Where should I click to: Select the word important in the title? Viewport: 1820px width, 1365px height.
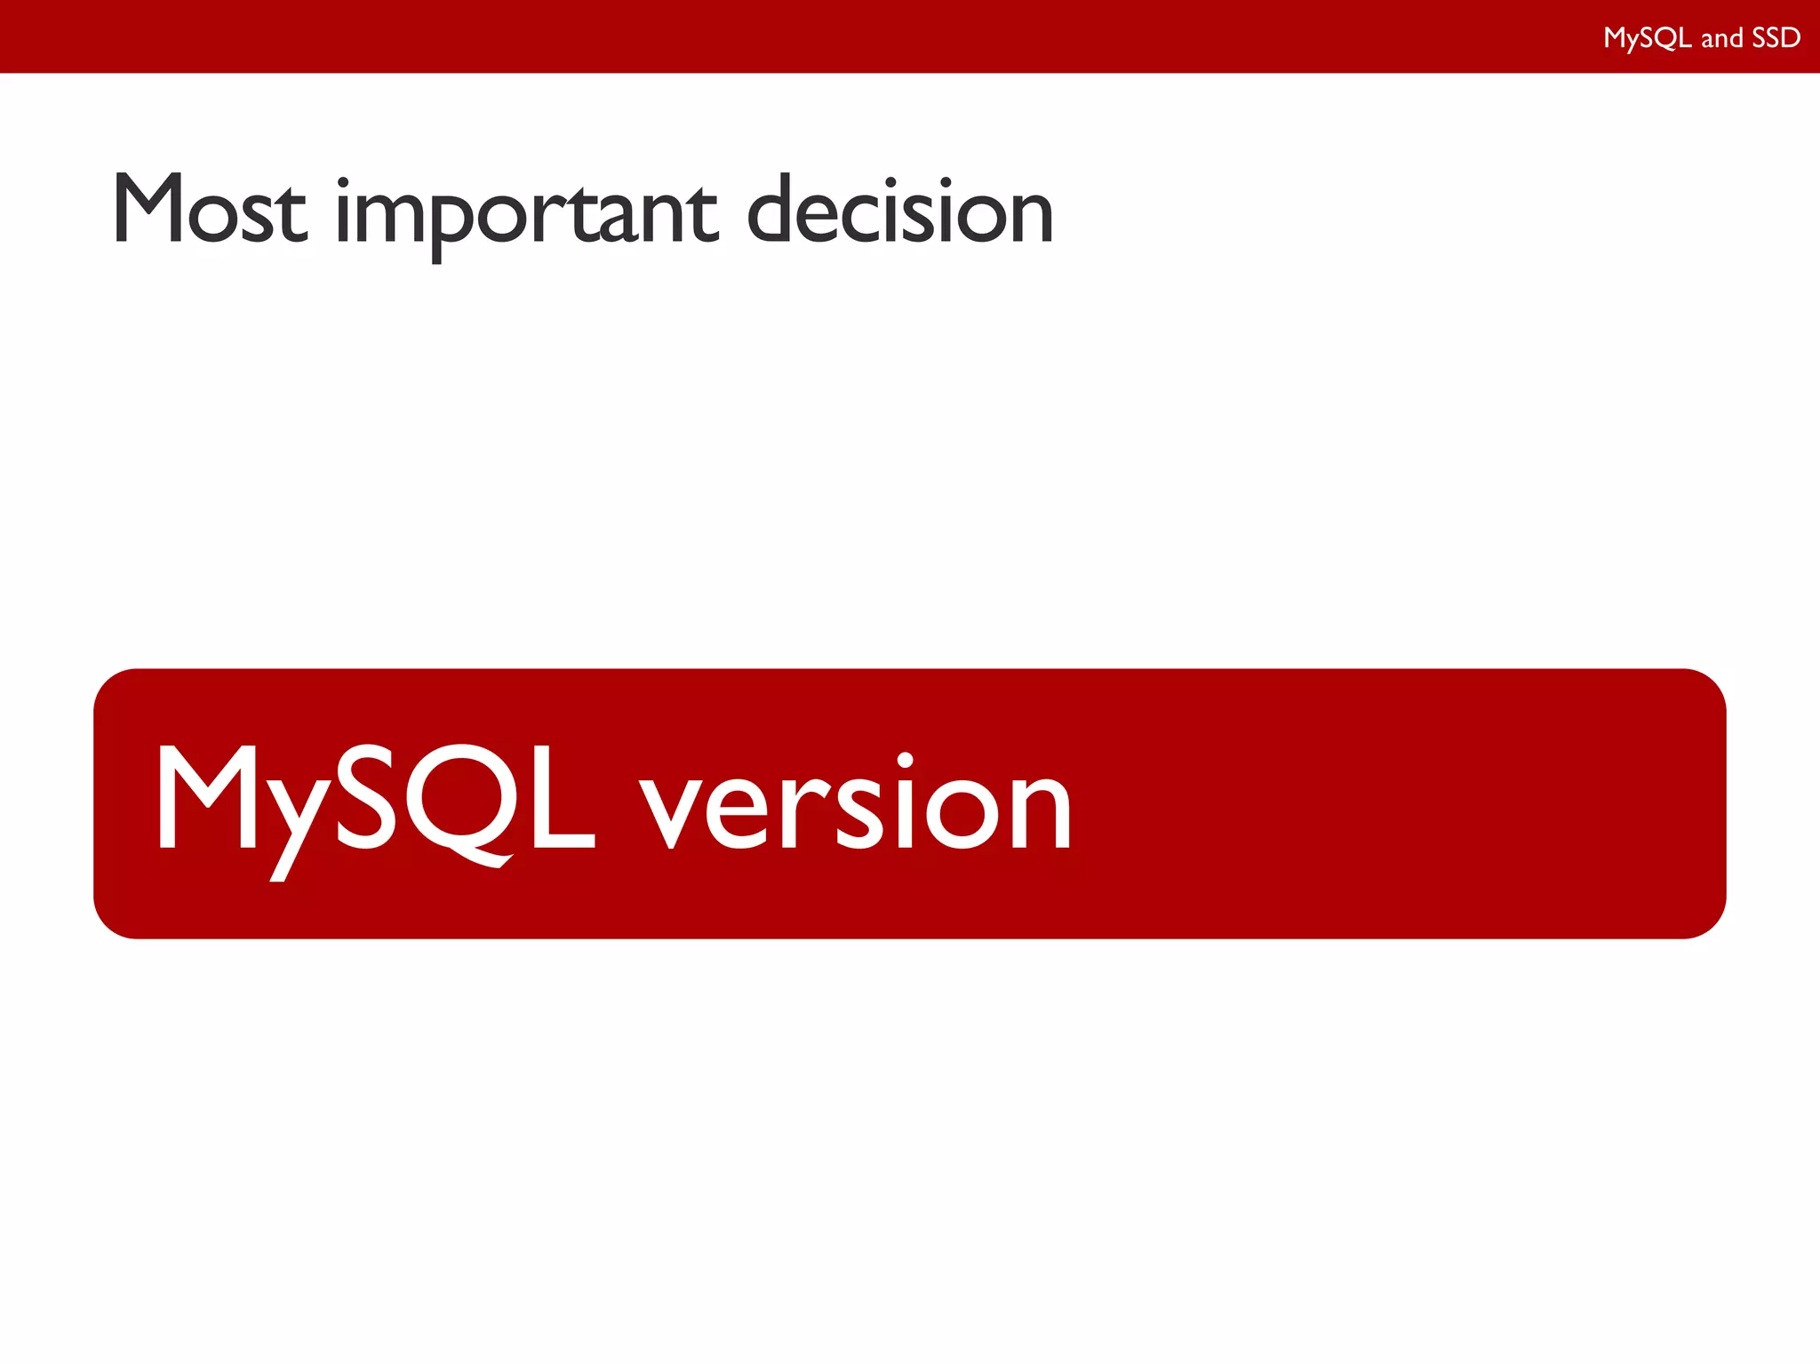point(525,213)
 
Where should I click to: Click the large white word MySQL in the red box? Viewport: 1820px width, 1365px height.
point(373,800)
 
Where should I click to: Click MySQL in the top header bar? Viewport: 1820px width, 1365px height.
point(1647,37)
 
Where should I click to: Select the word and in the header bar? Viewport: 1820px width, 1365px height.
point(1721,38)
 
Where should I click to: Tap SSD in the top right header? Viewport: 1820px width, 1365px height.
point(1776,37)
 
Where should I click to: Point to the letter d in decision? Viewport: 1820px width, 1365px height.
point(773,209)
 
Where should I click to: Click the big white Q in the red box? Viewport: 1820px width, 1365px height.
point(457,800)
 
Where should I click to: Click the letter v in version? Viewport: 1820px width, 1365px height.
point(672,809)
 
